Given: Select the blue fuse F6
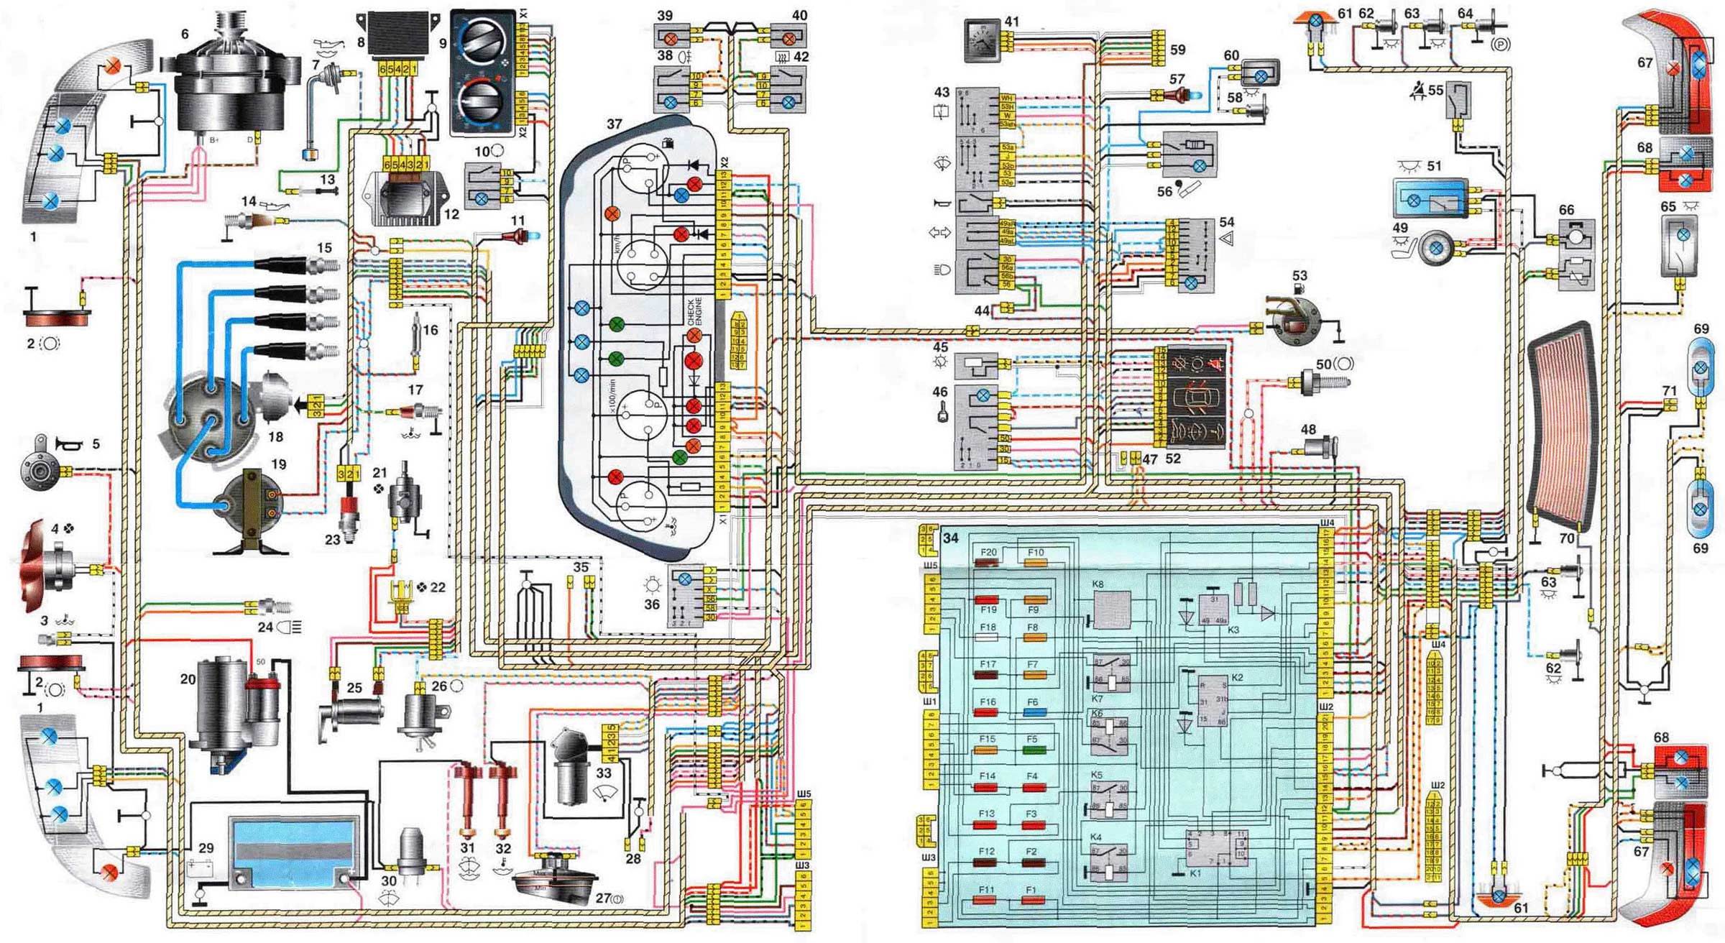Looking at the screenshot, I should tap(1034, 712).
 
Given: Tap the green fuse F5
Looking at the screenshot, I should tap(1034, 750).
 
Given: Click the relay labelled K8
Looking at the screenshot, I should tap(1111, 609).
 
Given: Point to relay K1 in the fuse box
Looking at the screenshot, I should tap(1216, 848).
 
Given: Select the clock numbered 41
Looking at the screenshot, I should tap(981, 40).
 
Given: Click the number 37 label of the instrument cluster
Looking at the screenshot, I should tap(614, 124).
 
